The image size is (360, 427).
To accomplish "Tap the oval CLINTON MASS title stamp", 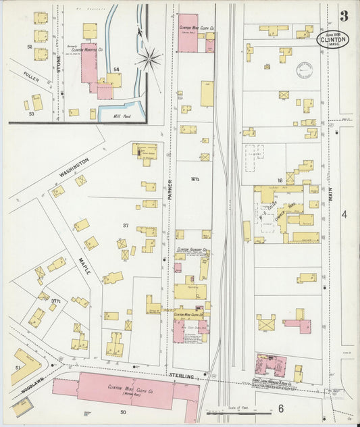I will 328,39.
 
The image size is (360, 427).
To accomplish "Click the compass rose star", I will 149,59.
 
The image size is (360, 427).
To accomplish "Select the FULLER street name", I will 31,79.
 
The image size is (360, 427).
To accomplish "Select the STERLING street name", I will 182,376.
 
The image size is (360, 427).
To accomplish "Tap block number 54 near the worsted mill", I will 116,70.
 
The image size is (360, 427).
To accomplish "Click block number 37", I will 125,225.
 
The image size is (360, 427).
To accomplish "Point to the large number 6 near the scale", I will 279,408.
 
